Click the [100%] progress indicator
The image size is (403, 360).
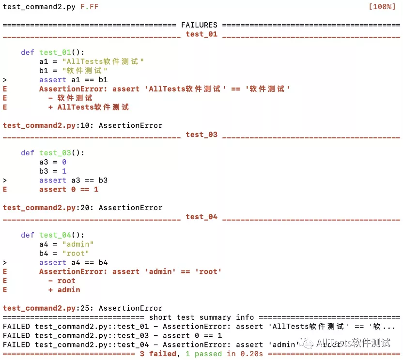[382, 7]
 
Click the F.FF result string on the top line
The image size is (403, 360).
[89, 7]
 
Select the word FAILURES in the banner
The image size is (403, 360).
[199, 25]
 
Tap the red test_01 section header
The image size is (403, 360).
[201, 34]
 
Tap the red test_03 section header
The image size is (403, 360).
[201, 135]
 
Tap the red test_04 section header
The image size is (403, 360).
[201, 217]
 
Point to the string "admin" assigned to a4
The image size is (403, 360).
[77, 244]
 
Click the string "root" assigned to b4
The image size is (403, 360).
[76, 254]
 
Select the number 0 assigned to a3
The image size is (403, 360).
[64, 162]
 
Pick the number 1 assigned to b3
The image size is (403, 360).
[64, 171]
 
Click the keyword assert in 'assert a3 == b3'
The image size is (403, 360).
[53, 180]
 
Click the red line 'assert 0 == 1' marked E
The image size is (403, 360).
[69, 190]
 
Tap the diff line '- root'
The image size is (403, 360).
[62, 281]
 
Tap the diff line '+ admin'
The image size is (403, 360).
[64, 290]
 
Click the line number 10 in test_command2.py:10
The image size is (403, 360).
[89, 125]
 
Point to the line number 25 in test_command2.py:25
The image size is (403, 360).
[89, 308]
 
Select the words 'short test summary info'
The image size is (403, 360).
[201, 317]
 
